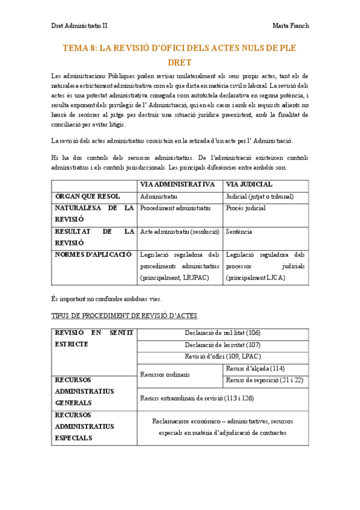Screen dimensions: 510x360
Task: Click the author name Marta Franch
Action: (x=290, y=26)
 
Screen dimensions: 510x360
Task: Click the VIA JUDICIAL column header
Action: (x=249, y=185)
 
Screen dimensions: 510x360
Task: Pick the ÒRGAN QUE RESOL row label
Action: (x=88, y=197)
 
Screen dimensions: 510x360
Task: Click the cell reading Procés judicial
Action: (x=246, y=208)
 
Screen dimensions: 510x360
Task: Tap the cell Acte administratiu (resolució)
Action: (x=178, y=232)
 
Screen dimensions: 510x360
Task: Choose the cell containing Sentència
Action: (x=239, y=232)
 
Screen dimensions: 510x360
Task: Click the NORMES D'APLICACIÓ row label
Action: (x=93, y=254)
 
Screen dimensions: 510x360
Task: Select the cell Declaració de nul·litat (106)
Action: (x=222, y=333)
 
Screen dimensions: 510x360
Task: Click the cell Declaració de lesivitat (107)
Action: (x=222, y=345)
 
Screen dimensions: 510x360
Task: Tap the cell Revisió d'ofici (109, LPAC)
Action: (x=222, y=356)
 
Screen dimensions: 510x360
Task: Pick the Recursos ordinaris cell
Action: (x=165, y=374)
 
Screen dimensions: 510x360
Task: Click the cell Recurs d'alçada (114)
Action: (x=255, y=368)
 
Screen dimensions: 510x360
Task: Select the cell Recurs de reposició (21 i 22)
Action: (x=264, y=380)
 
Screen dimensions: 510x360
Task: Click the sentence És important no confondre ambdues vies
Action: (x=106, y=299)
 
